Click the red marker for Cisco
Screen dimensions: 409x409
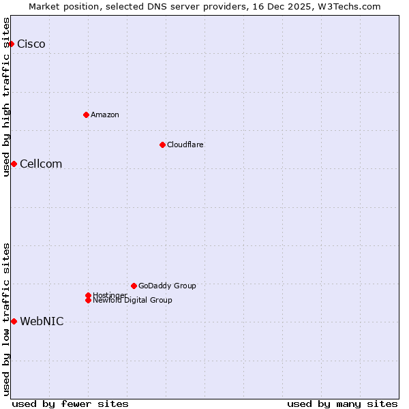11,44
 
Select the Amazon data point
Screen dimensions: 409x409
86,115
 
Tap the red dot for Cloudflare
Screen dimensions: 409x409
162,145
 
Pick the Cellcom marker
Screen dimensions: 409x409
14,164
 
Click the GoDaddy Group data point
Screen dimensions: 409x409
134,286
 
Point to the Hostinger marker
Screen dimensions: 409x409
88,295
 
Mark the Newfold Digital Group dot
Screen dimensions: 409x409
88,300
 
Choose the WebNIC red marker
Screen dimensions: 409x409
14,321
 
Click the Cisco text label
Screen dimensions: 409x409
31,44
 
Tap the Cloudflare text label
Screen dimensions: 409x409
185,145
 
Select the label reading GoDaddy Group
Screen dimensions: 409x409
167,286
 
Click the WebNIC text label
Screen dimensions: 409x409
42,322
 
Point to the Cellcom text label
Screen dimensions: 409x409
41,164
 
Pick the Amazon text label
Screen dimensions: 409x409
105,115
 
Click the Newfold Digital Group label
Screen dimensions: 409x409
133,300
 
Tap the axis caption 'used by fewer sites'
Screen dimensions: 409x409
70,404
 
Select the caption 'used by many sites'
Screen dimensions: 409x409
342,404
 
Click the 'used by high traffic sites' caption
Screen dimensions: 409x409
6,97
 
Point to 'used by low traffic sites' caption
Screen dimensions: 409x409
6,319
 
